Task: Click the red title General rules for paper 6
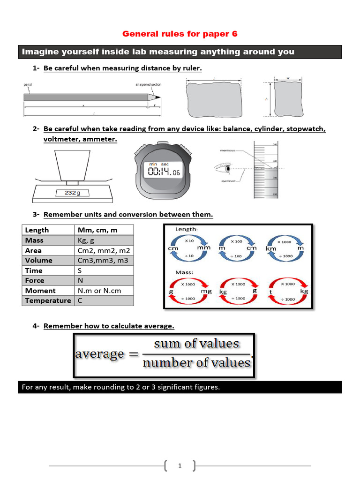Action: pos(180,34)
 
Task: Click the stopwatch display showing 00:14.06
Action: pos(164,172)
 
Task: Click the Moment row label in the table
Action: pos(40,291)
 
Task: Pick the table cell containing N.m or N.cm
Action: pos(99,291)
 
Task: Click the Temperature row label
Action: pos(48,300)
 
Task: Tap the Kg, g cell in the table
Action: pos(86,240)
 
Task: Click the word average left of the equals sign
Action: pos(99,354)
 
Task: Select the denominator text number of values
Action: pos(196,363)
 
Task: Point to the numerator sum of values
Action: pos(196,344)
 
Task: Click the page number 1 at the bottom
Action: pos(180,465)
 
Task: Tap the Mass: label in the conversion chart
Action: pos(184,272)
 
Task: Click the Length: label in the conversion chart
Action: pos(186,229)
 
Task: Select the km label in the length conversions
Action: pos(271,248)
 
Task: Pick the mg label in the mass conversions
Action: pos(206,291)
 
